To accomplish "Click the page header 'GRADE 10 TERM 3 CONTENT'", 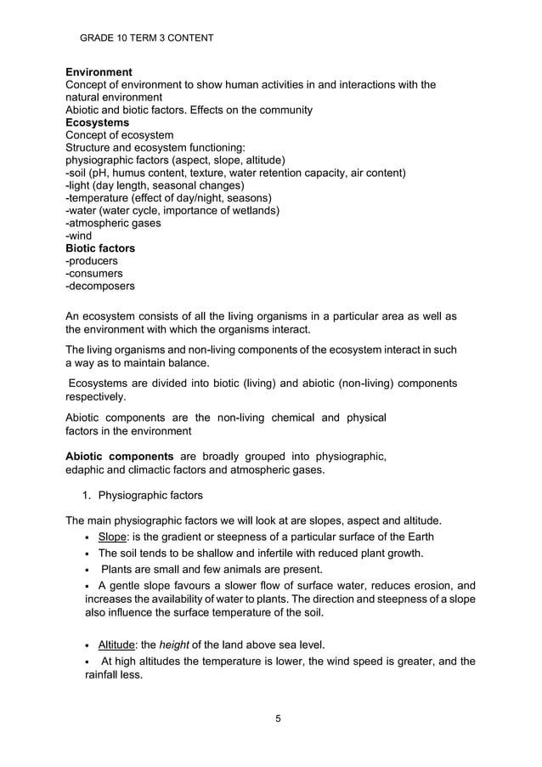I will click(x=146, y=38).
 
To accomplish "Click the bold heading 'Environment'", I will click(x=99, y=72).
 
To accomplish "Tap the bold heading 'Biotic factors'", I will click(x=100, y=248).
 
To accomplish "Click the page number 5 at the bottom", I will click(x=278, y=719).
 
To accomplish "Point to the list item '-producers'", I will click(x=92, y=261).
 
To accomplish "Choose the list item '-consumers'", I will click(x=93, y=274).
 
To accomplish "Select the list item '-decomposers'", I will click(x=99, y=287).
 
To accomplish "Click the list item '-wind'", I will click(x=79, y=236).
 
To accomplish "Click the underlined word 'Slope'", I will click(x=112, y=537).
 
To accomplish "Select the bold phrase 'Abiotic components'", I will click(x=120, y=457).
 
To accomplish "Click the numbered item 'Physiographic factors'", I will click(x=150, y=495).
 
